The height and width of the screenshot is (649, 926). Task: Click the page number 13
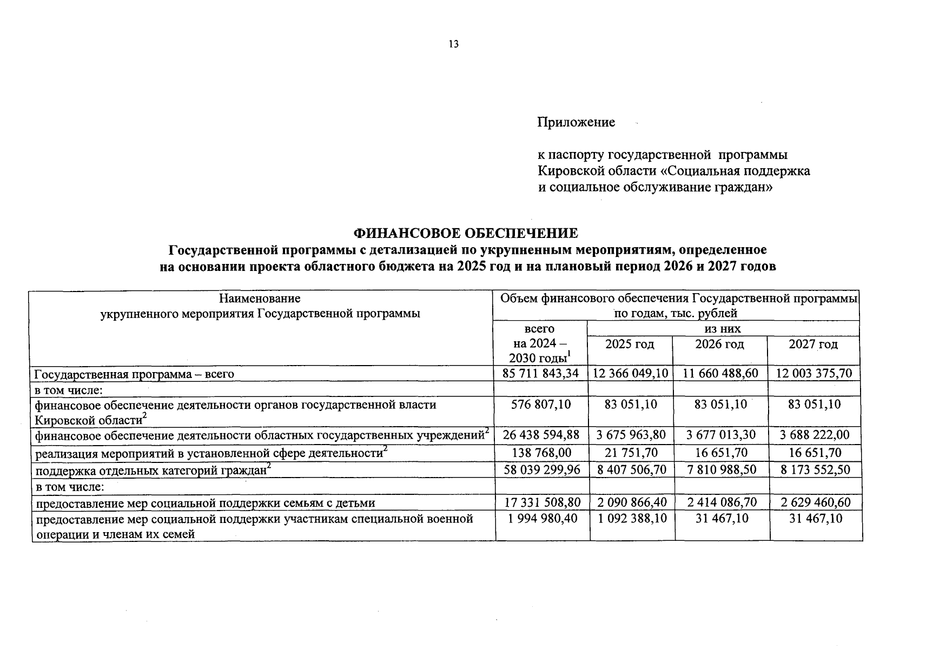453,44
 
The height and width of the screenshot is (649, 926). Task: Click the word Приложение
576,122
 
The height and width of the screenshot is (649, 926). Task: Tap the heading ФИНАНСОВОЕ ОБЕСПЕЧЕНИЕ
465,233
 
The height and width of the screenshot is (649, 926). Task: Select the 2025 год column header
630,345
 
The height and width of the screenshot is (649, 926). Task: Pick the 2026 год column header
719,345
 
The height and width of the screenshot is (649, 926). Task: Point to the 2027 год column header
813,345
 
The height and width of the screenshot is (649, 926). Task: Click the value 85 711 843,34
540,373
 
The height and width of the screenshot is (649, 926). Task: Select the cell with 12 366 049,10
630,373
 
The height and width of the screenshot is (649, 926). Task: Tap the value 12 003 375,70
814,373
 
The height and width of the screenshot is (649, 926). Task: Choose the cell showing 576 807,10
540,404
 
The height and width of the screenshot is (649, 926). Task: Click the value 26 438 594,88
541,435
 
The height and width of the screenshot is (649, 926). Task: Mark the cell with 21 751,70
631,453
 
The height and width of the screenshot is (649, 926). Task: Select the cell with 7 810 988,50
722,469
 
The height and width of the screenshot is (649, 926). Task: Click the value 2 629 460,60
816,502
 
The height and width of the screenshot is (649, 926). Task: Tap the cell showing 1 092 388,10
632,518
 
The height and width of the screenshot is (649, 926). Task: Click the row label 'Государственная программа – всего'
134,374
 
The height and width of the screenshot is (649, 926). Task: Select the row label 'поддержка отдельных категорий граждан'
151,471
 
